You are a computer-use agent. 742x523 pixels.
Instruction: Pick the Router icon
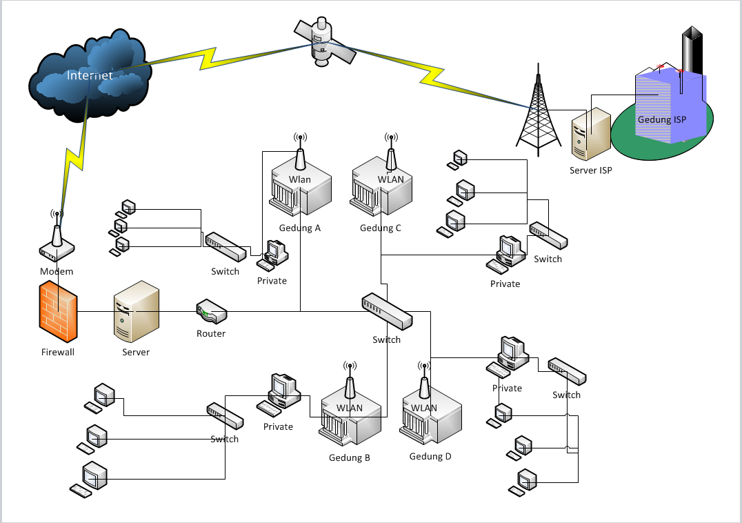coord(211,313)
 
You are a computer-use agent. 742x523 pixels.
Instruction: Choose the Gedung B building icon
coord(350,413)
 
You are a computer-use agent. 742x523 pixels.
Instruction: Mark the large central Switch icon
coord(387,311)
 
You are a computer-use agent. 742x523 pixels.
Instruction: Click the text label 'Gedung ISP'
coord(663,119)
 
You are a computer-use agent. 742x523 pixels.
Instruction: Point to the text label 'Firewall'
coord(58,352)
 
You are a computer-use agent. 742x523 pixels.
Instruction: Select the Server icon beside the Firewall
coord(136,311)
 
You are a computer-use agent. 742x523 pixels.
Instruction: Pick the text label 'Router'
coord(211,333)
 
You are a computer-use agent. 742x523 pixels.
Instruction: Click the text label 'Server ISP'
coord(591,170)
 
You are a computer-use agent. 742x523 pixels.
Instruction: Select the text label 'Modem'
coord(57,271)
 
